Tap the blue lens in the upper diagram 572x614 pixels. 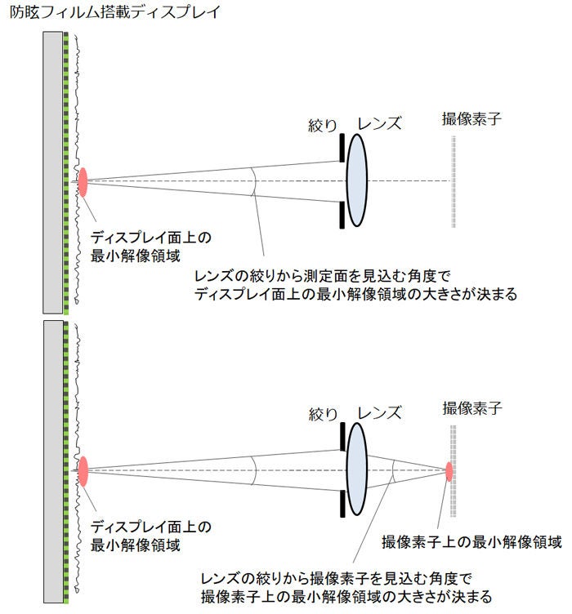tap(356, 180)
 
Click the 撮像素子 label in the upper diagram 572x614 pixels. tap(469, 118)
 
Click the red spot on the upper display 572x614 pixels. tap(83, 181)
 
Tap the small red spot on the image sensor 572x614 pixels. tap(449, 471)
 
